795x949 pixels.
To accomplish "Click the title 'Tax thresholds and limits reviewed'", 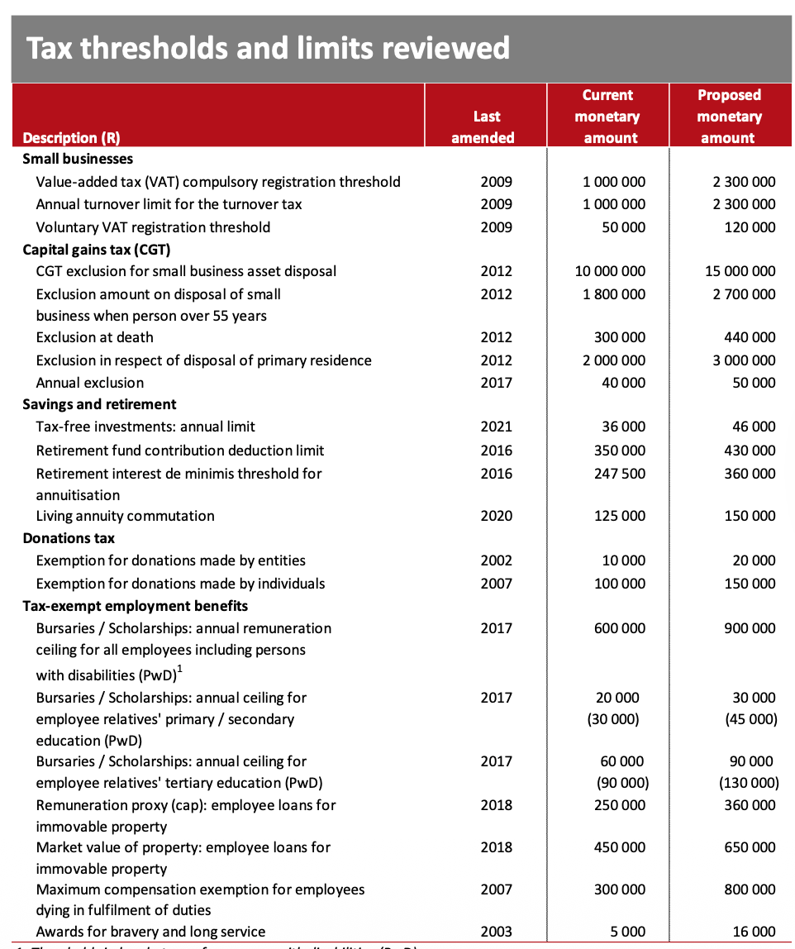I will click(268, 48).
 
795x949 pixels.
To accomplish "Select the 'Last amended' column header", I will click(485, 127).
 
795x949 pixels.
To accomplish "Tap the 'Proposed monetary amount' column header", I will click(728, 117).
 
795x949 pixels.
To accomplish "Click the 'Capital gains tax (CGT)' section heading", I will click(96, 249).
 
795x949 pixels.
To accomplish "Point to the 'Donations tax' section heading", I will click(69, 538).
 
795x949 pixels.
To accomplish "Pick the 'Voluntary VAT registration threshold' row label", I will click(153, 227).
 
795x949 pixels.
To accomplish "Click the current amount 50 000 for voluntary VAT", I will click(624, 227).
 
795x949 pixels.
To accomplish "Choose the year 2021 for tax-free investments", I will click(496, 427).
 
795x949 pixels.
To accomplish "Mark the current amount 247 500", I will click(620, 474).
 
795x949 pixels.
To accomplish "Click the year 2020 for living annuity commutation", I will click(496, 516).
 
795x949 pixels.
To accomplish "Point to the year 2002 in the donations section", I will click(496, 560).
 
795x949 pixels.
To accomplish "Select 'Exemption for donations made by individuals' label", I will click(180, 584).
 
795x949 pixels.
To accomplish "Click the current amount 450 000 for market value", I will click(620, 847).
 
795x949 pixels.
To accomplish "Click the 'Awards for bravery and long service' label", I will click(150, 932).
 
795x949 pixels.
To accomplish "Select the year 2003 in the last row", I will click(496, 932).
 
